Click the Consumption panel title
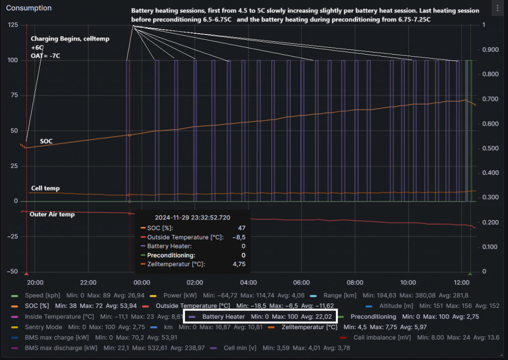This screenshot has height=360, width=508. click(29, 8)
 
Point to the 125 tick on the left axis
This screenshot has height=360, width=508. click(12, 25)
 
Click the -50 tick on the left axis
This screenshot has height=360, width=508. click(11, 272)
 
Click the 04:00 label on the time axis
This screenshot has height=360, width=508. click(248, 283)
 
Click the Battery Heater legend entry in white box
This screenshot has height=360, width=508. click(224, 316)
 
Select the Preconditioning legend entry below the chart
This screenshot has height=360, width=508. click(373, 316)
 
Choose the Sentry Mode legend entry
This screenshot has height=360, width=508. click(44, 327)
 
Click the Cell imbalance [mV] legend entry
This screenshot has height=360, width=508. click(381, 338)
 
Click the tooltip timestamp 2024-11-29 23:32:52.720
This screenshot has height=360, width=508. click(192, 217)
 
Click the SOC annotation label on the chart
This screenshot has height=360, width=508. click(47, 141)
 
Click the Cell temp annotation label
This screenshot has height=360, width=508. click(45, 188)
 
